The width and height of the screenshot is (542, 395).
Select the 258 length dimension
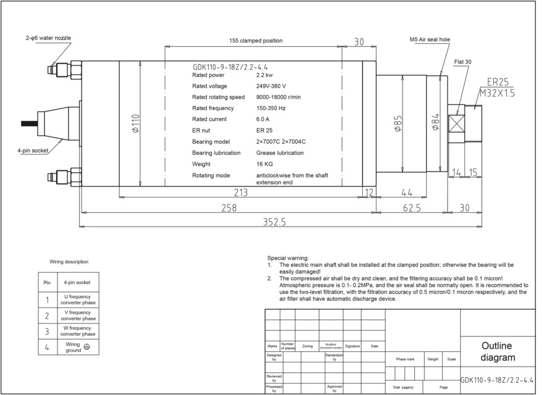(228, 208)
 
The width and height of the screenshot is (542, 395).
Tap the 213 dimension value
(241, 193)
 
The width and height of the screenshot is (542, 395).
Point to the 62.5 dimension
(412, 208)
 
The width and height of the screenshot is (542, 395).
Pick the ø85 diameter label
(398, 123)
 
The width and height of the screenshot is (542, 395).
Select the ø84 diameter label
(435, 123)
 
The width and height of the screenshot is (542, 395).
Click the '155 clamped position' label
(256, 41)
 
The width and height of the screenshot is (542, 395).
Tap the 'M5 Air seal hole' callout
(430, 39)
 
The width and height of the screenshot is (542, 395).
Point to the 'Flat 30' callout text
(462, 62)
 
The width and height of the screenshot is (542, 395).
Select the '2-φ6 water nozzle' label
(48, 38)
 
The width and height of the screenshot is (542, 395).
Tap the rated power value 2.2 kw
(265, 75)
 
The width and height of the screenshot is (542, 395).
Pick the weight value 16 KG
(265, 164)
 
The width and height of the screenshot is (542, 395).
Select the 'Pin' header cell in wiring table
(47, 283)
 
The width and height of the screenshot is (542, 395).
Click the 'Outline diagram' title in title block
(497, 352)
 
